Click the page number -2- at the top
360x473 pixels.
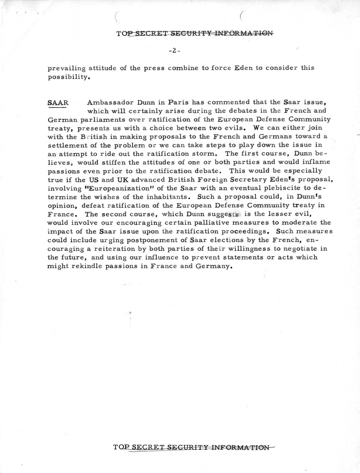coord(175,51)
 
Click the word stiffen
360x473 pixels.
coord(144,162)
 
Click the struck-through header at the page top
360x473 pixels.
coord(194,34)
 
